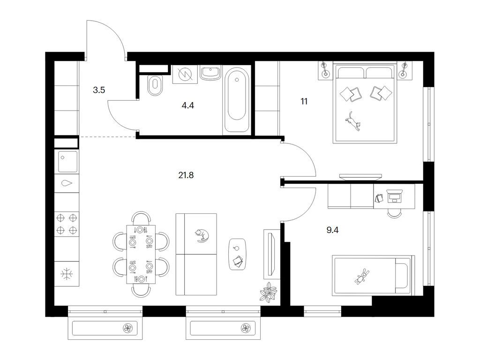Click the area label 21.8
(x=186, y=175)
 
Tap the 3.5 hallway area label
(x=99, y=90)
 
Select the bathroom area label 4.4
(x=187, y=105)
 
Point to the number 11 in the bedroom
(x=304, y=101)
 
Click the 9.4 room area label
(x=332, y=230)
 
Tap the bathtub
(x=237, y=100)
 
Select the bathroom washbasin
(x=210, y=74)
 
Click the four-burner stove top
(x=67, y=224)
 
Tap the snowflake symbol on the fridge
(x=67, y=274)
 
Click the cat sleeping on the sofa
(x=202, y=236)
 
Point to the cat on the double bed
(x=353, y=121)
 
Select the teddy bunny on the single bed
(x=362, y=276)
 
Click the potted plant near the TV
(x=268, y=292)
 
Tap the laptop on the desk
(x=394, y=196)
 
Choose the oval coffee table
(x=237, y=255)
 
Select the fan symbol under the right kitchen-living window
(x=246, y=328)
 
